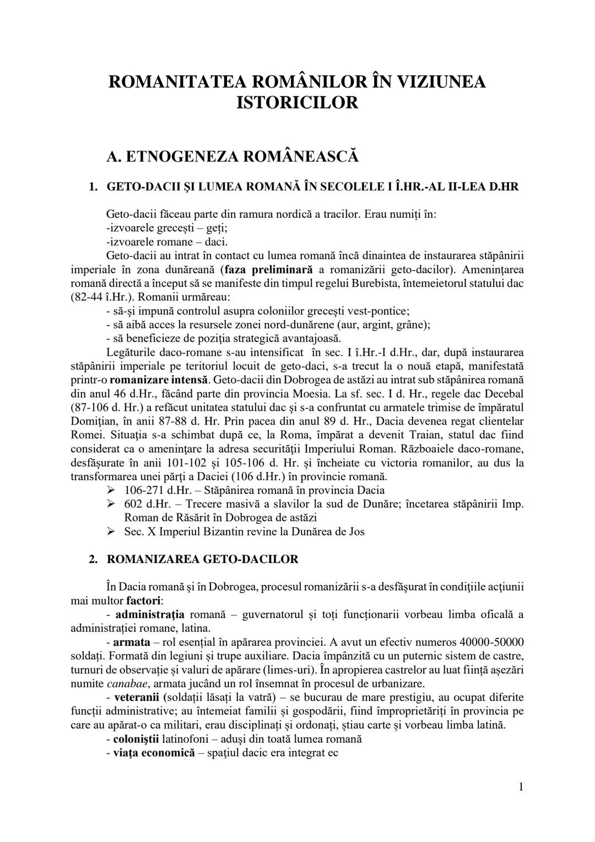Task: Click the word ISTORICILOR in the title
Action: tap(297, 103)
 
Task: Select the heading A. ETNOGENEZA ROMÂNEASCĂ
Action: tap(232, 157)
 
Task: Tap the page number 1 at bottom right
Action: tap(521, 787)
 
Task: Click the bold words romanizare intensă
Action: tap(159, 380)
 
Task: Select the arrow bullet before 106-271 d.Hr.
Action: tap(111, 490)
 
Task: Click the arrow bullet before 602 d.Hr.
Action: tap(111, 504)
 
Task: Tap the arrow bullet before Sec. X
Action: tap(111, 532)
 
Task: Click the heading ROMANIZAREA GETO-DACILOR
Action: tap(202, 559)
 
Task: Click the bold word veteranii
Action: tap(137, 698)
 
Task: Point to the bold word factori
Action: tap(144, 600)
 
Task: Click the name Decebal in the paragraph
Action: tap(503, 394)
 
